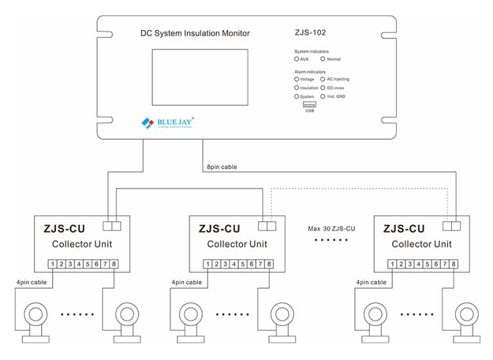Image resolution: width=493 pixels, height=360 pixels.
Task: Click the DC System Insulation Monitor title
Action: [195, 33]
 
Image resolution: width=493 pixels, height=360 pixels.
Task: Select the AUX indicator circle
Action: [297, 58]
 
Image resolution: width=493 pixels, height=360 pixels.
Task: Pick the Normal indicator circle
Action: [322, 58]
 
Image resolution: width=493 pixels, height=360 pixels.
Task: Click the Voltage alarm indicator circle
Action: [297, 79]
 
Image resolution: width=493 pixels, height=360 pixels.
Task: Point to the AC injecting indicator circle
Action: [322, 79]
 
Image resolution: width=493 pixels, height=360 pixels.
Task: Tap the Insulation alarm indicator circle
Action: [297, 87]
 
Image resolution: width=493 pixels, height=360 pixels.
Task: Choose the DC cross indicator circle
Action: [322, 87]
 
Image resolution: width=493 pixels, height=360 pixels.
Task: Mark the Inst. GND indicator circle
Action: [322, 96]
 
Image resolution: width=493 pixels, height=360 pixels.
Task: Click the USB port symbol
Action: [309, 104]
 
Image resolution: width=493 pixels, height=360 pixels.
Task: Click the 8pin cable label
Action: [221, 167]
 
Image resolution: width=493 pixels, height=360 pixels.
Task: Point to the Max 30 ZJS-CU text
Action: [332, 228]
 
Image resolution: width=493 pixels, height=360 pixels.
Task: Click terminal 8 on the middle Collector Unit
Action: [268, 264]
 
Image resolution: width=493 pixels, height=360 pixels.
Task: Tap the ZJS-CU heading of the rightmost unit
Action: [404, 228]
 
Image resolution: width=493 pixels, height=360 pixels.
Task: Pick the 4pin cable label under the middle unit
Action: [187, 282]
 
